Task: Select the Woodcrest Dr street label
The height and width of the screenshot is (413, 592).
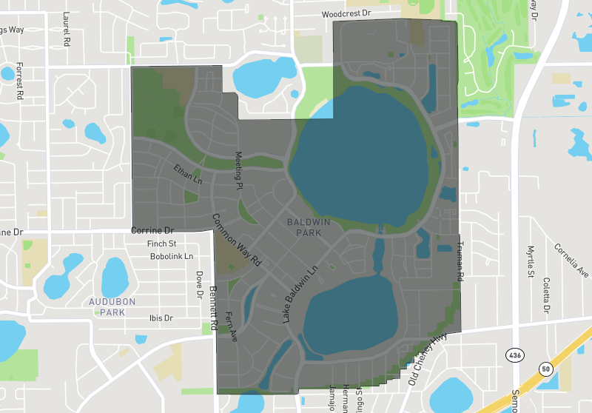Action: click(x=346, y=14)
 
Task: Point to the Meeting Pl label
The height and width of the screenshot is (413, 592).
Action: click(x=238, y=171)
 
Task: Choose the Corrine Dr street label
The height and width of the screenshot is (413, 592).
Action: click(x=152, y=231)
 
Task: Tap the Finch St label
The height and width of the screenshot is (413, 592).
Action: click(x=161, y=244)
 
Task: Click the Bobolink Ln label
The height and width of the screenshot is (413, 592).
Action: click(x=171, y=256)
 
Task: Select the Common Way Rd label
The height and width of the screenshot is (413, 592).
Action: click(x=238, y=241)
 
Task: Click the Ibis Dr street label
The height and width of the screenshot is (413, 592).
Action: click(x=160, y=318)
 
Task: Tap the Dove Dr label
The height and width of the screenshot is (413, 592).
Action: click(x=198, y=283)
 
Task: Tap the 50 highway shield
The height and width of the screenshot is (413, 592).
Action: click(x=546, y=368)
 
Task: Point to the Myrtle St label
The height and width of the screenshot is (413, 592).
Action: click(x=531, y=260)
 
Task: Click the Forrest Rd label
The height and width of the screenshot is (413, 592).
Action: click(x=19, y=80)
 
